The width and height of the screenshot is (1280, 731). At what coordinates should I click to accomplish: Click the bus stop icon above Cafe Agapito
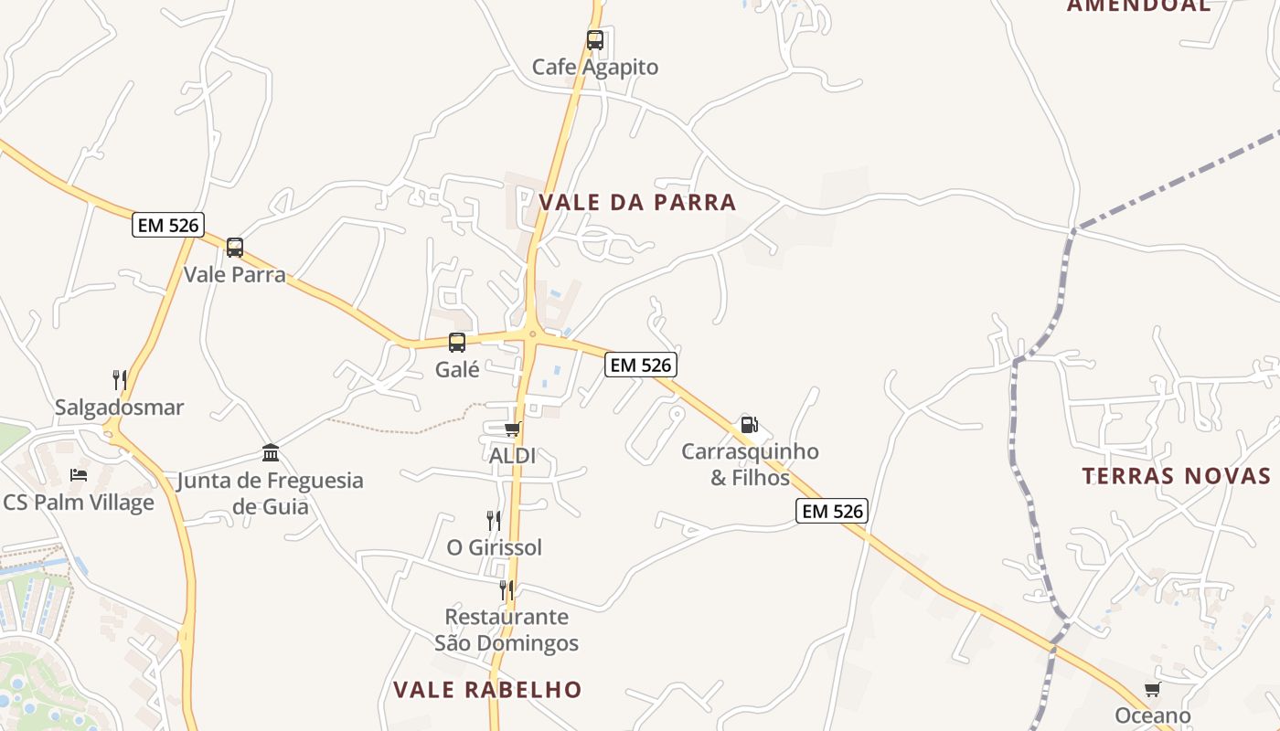tap(595, 40)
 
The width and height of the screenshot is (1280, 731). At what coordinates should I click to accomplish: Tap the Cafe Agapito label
tap(595, 67)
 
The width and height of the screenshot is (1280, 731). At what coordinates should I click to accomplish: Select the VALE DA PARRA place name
tap(637, 202)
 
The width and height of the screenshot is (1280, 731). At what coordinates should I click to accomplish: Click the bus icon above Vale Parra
tap(235, 247)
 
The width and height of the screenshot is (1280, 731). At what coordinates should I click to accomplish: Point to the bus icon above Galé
tap(457, 343)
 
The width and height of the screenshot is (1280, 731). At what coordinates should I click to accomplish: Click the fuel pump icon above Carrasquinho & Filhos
tap(749, 424)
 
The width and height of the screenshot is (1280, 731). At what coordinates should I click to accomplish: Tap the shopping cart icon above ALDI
tap(513, 429)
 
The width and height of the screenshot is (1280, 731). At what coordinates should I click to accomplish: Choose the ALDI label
tap(512, 455)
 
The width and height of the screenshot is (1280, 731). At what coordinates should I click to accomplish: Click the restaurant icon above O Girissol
tap(494, 521)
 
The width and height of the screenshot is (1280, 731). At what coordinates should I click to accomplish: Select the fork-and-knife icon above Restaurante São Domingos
tap(507, 590)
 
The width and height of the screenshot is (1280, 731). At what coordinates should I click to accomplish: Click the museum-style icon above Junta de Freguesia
tap(271, 452)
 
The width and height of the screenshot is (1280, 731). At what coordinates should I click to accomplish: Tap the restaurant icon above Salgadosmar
tap(120, 379)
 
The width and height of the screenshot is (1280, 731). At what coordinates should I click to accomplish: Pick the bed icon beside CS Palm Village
tap(79, 475)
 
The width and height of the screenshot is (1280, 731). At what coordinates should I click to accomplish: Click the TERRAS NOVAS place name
tap(1177, 475)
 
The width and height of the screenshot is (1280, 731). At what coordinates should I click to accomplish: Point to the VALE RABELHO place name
tap(487, 689)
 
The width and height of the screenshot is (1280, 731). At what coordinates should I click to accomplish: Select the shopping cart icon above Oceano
tap(1152, 689)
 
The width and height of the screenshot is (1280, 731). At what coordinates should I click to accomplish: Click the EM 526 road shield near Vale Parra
tap(168, 225)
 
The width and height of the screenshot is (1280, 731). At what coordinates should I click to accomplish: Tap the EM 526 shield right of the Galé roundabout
tap(641, 365)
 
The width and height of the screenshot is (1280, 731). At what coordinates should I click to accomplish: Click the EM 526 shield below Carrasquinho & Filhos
tap(831, 511)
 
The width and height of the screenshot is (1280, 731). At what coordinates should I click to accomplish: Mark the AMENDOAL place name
tap(1138, 5)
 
